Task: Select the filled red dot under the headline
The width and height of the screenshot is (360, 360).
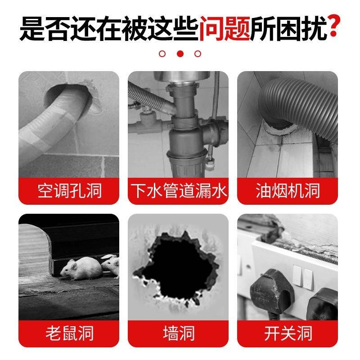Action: pyautogui.click(x=180, y=54)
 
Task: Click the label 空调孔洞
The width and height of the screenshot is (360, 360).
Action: pyautogui.click(x=69, y=190)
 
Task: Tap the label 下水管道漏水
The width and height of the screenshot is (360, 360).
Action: pyautogui.click(x=179, y=190)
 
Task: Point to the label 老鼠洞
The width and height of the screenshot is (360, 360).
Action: pyautogui.click(x=69, y=333)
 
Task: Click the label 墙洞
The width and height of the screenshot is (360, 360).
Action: pyautogui.click(x=179, y=333)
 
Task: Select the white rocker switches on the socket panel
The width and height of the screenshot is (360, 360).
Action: pyautogui.click(x=302, y=275)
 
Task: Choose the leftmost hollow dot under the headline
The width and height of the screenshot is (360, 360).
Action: pyautogui.click(x=162, y=54)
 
